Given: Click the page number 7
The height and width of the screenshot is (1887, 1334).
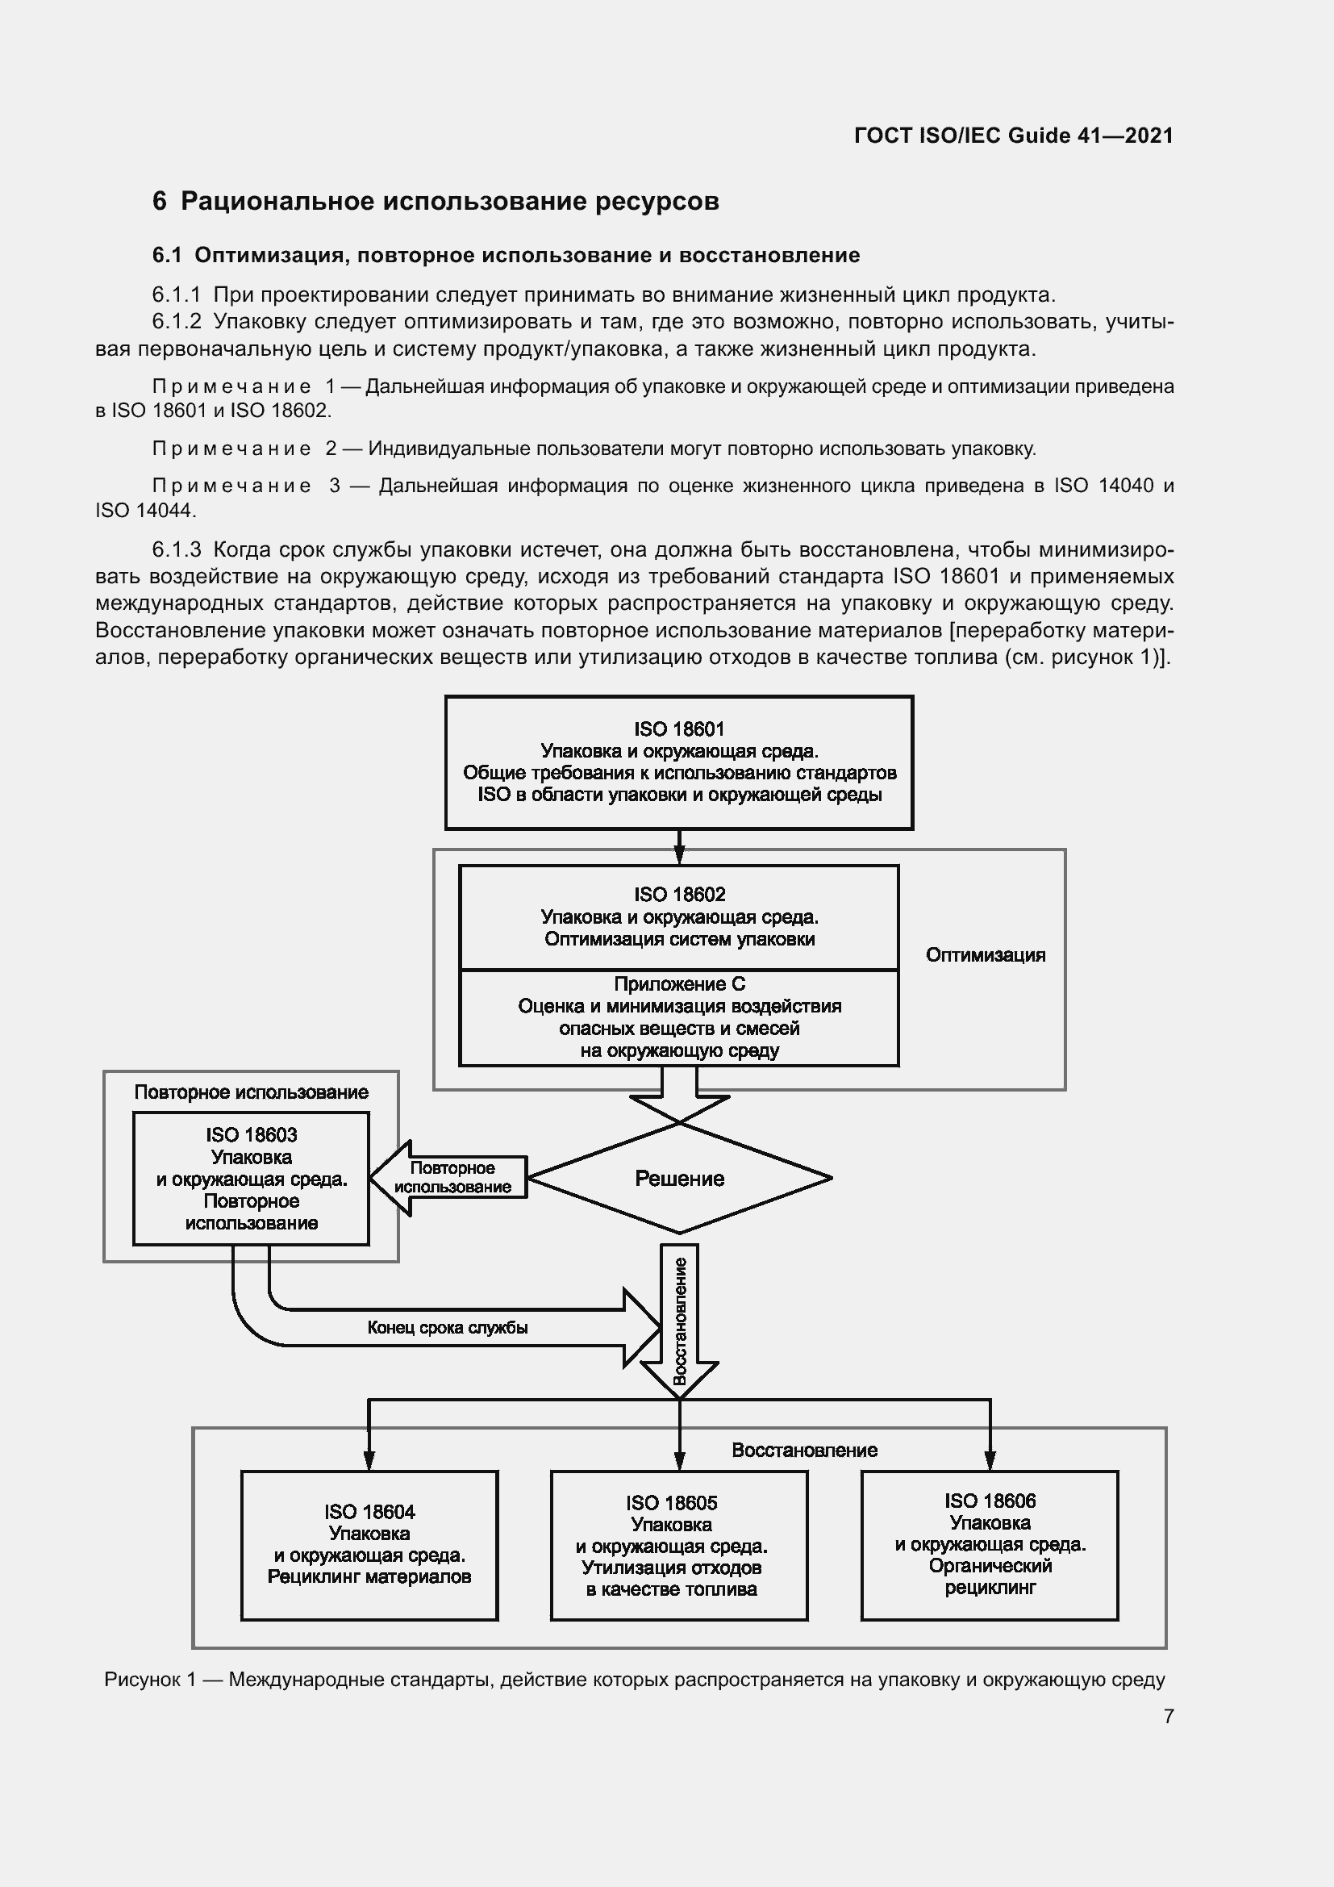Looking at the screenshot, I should (x=1168, y=1716).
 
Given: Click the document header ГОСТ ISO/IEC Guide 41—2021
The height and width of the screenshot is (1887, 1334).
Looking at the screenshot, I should (x=1014, y=136).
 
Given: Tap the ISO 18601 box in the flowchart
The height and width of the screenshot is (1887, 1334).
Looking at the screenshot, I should (x=678, y=762).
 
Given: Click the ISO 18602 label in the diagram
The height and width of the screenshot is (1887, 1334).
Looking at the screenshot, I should (x=678, y=894).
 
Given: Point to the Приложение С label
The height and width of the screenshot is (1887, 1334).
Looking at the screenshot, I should (x=678, y=983).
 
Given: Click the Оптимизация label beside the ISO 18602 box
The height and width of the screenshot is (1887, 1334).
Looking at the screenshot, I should (x=985, y=955).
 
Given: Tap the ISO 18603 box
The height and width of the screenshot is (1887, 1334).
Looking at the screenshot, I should (x=251, y=1179).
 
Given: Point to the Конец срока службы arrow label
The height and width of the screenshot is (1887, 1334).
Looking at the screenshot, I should (x=447, y=1327).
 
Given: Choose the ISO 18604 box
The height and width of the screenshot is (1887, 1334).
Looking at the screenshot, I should (x=369, y=1545).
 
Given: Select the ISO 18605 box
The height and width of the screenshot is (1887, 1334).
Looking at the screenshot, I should (x=678, y=1545).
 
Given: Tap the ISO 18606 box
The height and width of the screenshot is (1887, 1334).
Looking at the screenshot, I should (x=989, y=1545).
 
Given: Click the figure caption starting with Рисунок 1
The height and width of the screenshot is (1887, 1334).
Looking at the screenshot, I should (x=634, y=1679).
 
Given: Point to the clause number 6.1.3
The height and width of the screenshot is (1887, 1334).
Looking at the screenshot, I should (x=177, y=549).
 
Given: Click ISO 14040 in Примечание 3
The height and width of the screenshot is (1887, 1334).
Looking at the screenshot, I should (x=1103, y=486).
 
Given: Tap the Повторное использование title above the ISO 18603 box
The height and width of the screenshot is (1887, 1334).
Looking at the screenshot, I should (x=251, y=1092).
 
